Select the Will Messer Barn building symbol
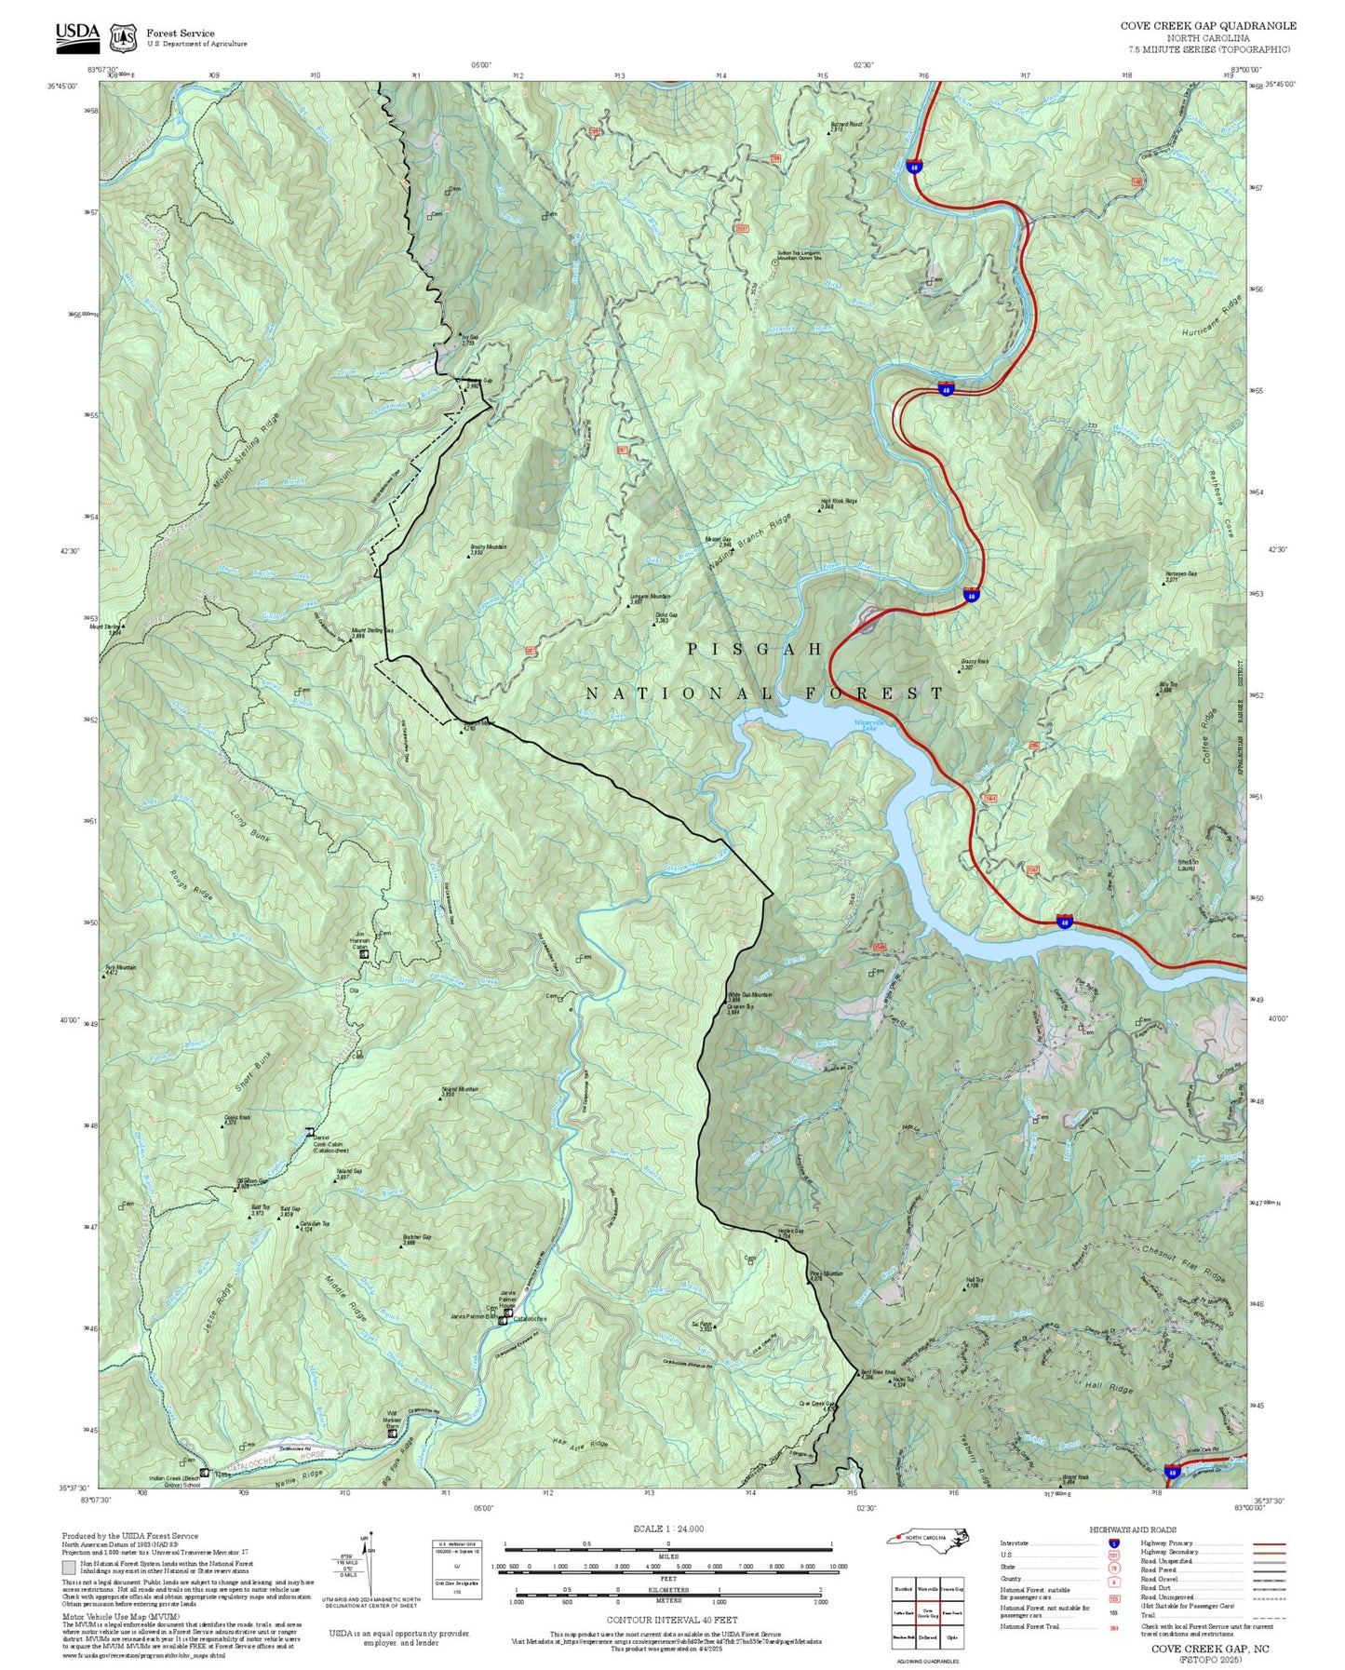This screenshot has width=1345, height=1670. tap(392, 1433)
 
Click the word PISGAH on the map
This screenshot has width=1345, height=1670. tap(754, 649)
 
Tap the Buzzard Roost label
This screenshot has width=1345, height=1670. tap(846, 126)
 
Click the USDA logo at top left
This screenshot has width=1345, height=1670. tap(76, 34)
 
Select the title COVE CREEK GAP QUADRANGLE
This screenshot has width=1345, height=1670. tap(1207, 26)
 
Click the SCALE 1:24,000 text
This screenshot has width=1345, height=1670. tap(668, 1529)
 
